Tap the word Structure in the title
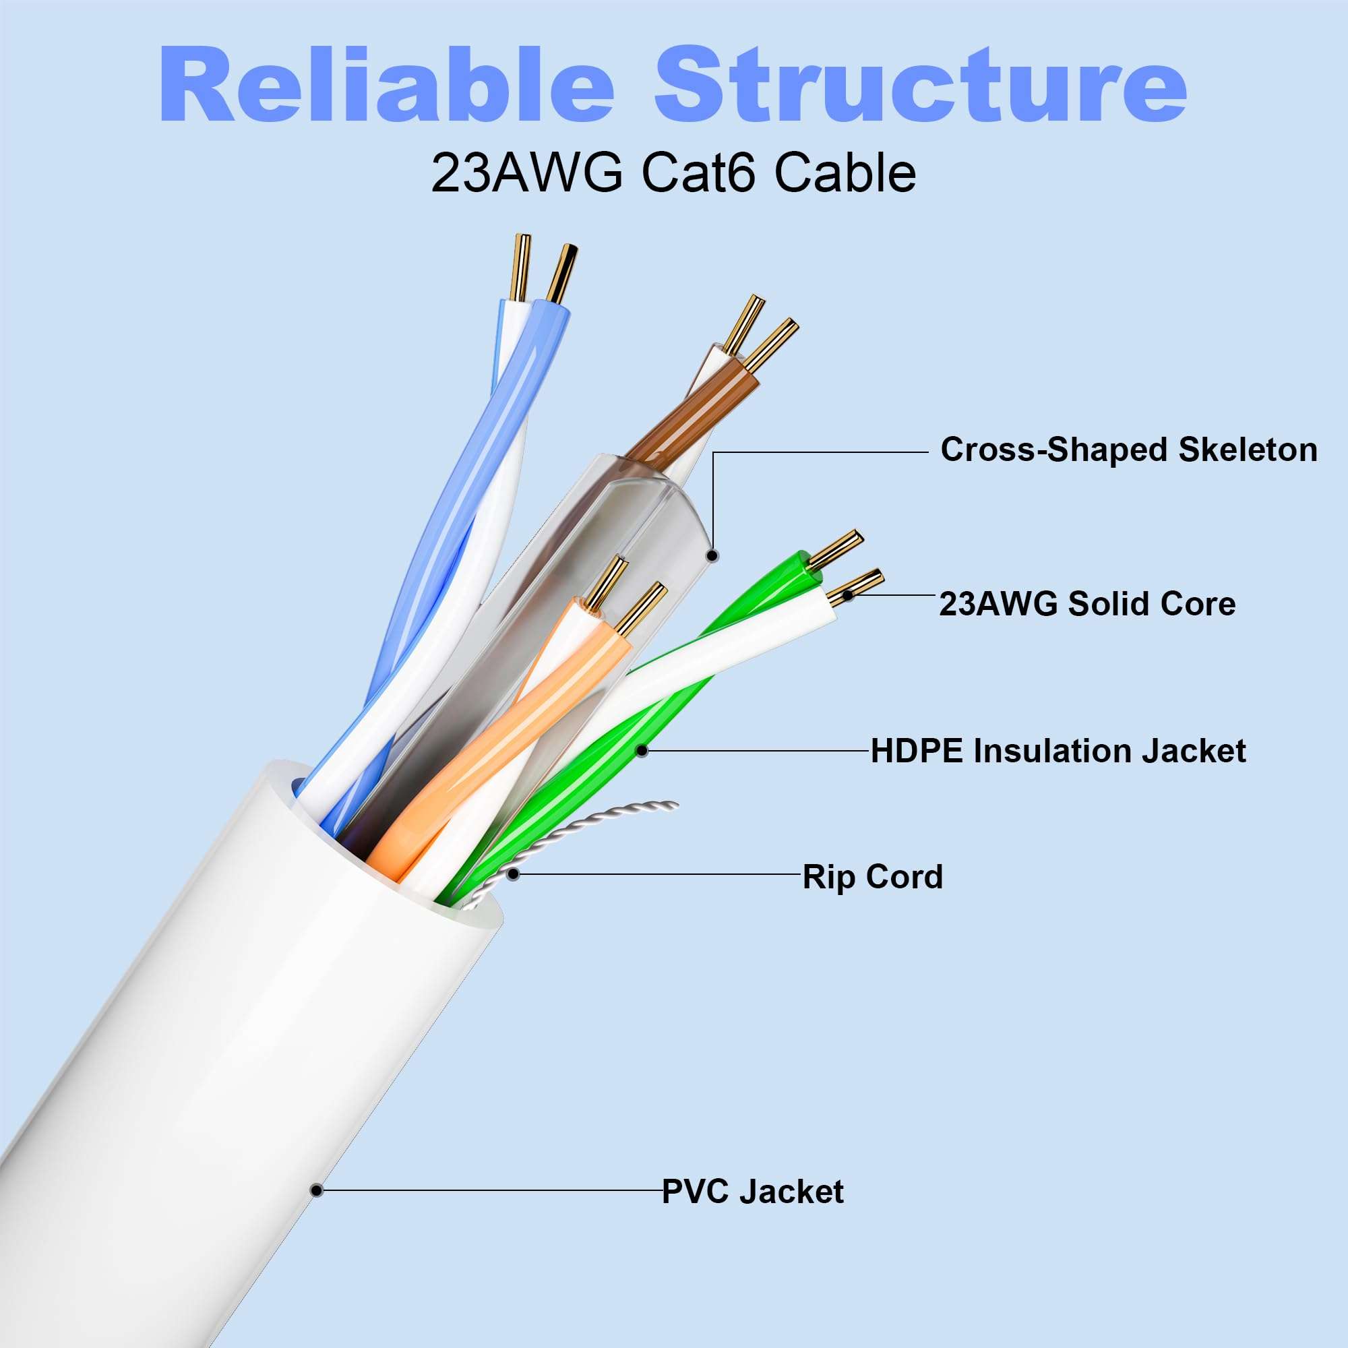(920, 85)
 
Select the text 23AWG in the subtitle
(527, 174)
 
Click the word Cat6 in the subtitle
(698, 174)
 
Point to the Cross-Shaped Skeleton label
(1128, 450)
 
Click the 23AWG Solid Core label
(1087, 603)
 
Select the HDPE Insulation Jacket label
(1058, 752)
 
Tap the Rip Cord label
(872, 877)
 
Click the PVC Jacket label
(752, 1192)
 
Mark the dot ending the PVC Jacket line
(317, 1190)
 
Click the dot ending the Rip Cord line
(514, 874)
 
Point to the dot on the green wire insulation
(642, 751)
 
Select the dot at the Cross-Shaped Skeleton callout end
(712, 556)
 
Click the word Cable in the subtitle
(845, 174)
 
